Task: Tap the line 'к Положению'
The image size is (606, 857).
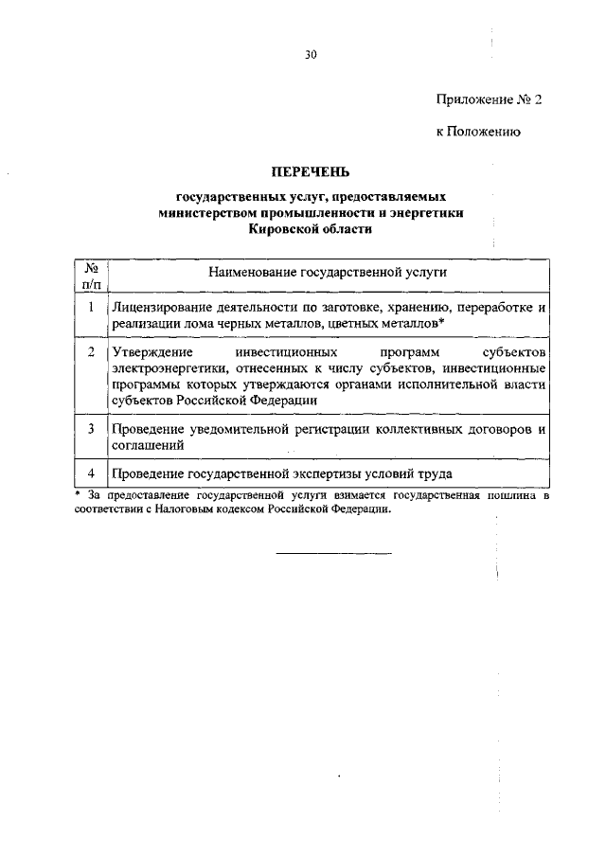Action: coord(478,132)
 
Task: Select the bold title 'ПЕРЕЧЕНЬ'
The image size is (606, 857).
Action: coord(311,171)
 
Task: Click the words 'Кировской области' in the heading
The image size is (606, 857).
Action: coord(311,228)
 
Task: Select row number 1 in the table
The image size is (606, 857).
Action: coord(91,308)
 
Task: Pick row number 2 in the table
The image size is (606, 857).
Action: coord(91,352)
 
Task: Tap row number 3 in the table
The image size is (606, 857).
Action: coord(91,428)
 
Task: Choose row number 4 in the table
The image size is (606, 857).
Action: coord(91,473)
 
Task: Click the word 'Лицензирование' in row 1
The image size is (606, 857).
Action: coord(158,308)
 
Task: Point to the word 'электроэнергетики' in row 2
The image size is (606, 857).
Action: coord(169,368)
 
